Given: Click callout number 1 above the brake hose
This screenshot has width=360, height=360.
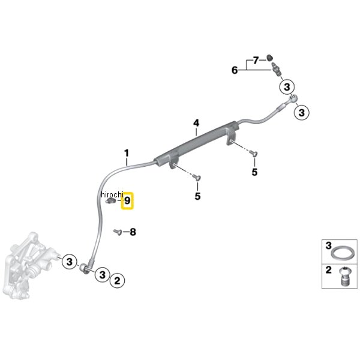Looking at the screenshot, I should (127, 152).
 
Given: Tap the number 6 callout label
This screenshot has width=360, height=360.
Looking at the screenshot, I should (235, 70).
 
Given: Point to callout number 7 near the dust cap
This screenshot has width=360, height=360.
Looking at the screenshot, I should (256, 60).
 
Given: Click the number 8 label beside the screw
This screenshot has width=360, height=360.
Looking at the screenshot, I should (133, 232).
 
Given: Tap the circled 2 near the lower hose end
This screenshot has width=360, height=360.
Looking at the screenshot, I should (117, 279).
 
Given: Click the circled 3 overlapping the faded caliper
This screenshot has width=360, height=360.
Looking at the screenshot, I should (70, 262).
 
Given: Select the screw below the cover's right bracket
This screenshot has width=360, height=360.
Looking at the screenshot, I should (254, 154).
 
